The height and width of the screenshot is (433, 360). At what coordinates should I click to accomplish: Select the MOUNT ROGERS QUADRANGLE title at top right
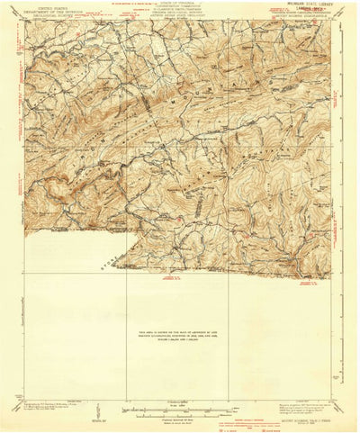point(306,19)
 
